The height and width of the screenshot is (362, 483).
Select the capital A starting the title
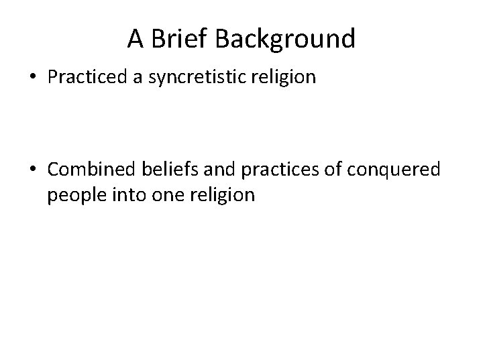pyautogui.click(x=136, y=40)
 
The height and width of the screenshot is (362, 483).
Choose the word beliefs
pyautogui.click(x=160, y=170)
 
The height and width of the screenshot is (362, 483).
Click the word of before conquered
pyautogui.click(x=313, y=170)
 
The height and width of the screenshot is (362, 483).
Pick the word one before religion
pyautogui.click(x=160, y=194)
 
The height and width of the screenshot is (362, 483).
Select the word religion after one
pyautogui.click(x=211, y=194)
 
